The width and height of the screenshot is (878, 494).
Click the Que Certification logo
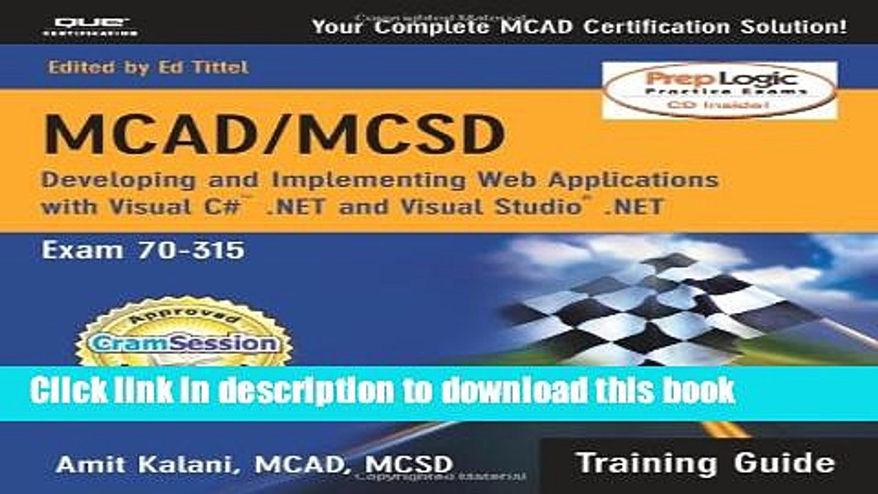pyautogui.click(x=89, y=26)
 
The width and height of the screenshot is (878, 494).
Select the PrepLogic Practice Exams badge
pyautogui.click(x=720, y=90)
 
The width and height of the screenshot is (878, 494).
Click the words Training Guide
pyautogui.click(x=706, y=462)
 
